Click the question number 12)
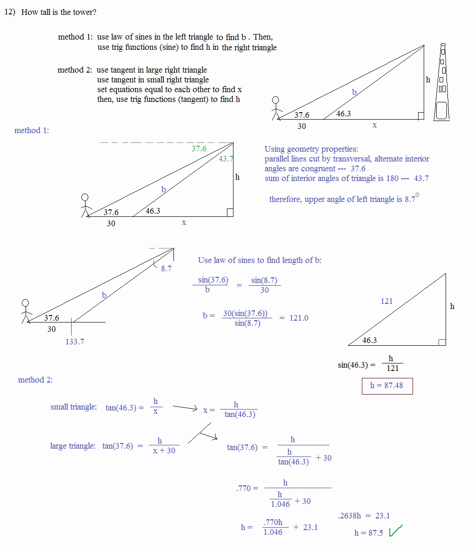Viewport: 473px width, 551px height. pos(10,12)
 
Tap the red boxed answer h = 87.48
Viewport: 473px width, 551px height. pos(387,385)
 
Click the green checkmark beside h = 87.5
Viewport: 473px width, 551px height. pos(395,531)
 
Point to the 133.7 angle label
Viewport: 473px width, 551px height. pos(74,342)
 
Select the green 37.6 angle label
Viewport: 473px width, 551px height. pos(199,148)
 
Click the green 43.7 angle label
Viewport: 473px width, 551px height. pos(226,159)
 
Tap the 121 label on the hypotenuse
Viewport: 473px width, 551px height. pos(386,301)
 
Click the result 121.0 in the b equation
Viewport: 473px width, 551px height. pos(299,318)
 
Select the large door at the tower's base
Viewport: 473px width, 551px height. pos(441,111)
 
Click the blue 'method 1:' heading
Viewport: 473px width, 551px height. pos(32,130)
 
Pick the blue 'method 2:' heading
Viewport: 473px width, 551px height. pos(35,380)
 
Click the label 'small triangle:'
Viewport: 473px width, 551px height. pos(73,407)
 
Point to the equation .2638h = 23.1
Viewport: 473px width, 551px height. pos(364,516)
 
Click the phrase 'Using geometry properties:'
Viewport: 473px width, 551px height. pos(311,149)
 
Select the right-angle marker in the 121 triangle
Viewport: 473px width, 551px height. pos(442,342)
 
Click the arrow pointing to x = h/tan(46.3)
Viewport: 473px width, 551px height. pos(185,408)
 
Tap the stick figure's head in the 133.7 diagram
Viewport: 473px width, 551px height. pos(25,303)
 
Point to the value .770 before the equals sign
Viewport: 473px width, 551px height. pos(243,488)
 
